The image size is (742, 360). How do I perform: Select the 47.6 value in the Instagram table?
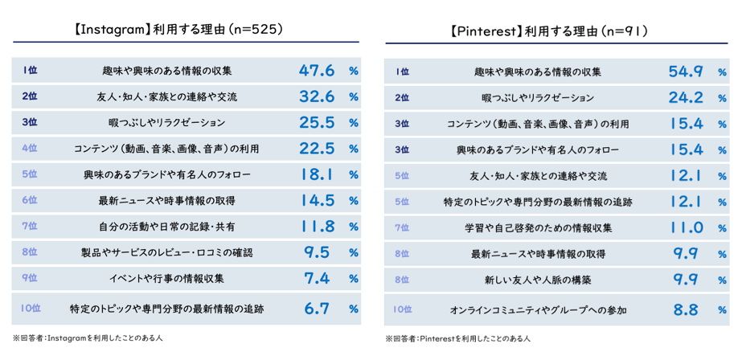316,71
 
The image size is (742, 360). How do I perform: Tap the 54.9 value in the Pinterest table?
686,72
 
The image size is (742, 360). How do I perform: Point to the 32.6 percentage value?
316,97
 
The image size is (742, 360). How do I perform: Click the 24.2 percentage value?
686,98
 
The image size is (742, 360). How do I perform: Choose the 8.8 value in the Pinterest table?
686,309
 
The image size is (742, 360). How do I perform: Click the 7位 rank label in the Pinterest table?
402,227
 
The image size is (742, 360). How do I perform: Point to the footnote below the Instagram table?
88,338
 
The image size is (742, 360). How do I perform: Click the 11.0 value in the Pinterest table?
686,227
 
